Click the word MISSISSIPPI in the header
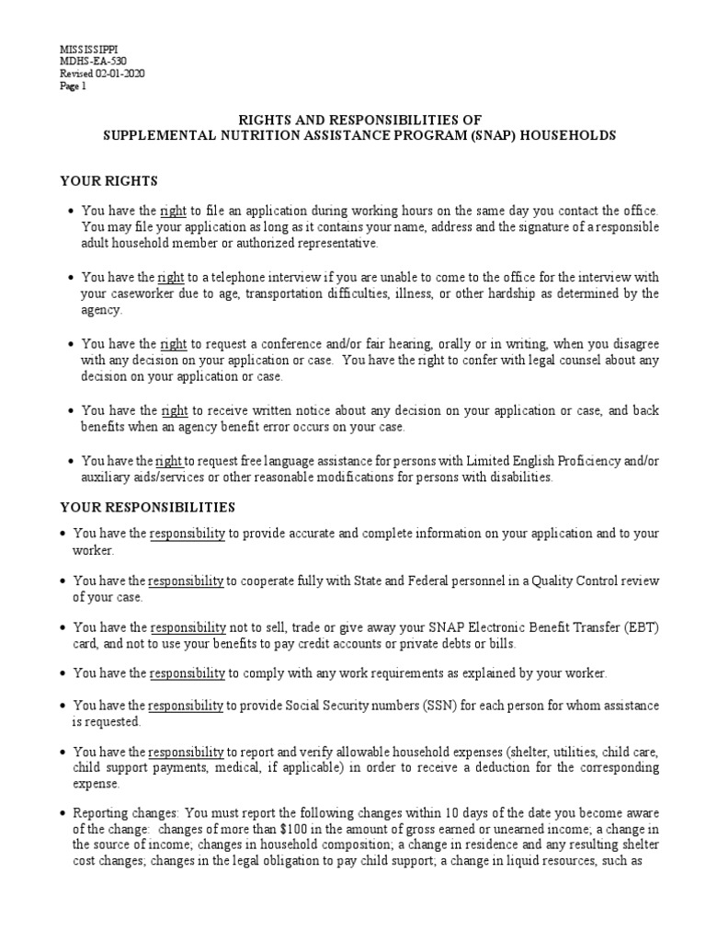[x=89, y=48]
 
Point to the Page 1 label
[x=73, y=86]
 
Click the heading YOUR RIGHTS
[x=108, y=180]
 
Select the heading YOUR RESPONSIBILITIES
[x=147, y=507]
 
